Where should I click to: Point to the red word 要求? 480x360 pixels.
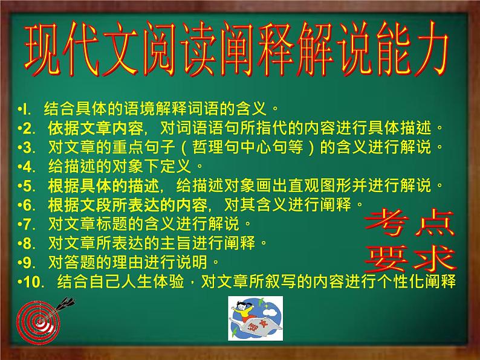[410, 259]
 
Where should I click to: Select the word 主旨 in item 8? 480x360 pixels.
[178, 242]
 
